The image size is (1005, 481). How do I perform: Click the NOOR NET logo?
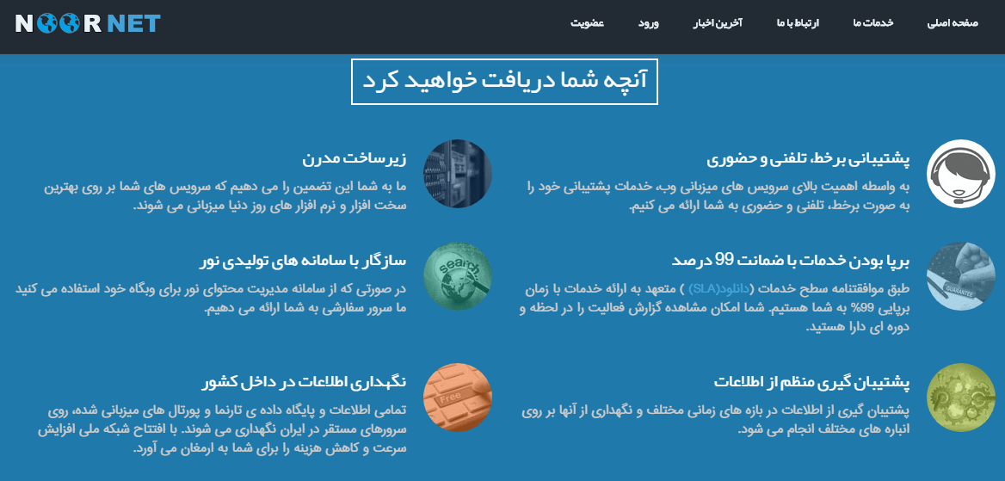(88, 24)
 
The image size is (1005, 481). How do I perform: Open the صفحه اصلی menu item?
(953, 24)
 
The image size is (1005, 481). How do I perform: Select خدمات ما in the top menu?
(873, 24)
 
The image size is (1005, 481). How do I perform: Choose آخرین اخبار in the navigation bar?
(718, 24)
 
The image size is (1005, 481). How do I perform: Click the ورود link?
(649, 24)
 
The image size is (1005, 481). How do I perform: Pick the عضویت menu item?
(588, 24)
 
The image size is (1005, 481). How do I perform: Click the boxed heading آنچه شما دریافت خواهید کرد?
(504, 82)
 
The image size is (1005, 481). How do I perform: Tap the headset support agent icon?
(961, 174)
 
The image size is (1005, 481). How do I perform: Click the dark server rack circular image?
(458, 174)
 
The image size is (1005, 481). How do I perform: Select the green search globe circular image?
(458, 276)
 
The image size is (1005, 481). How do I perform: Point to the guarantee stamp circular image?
(961, 276)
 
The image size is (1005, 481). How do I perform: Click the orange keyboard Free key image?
(458, 397)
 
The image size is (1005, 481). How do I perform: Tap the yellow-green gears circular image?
(961, 397)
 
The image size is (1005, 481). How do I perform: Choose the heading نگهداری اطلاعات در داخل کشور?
(304, 381)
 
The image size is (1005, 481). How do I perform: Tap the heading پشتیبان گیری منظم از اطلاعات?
(811, 381)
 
